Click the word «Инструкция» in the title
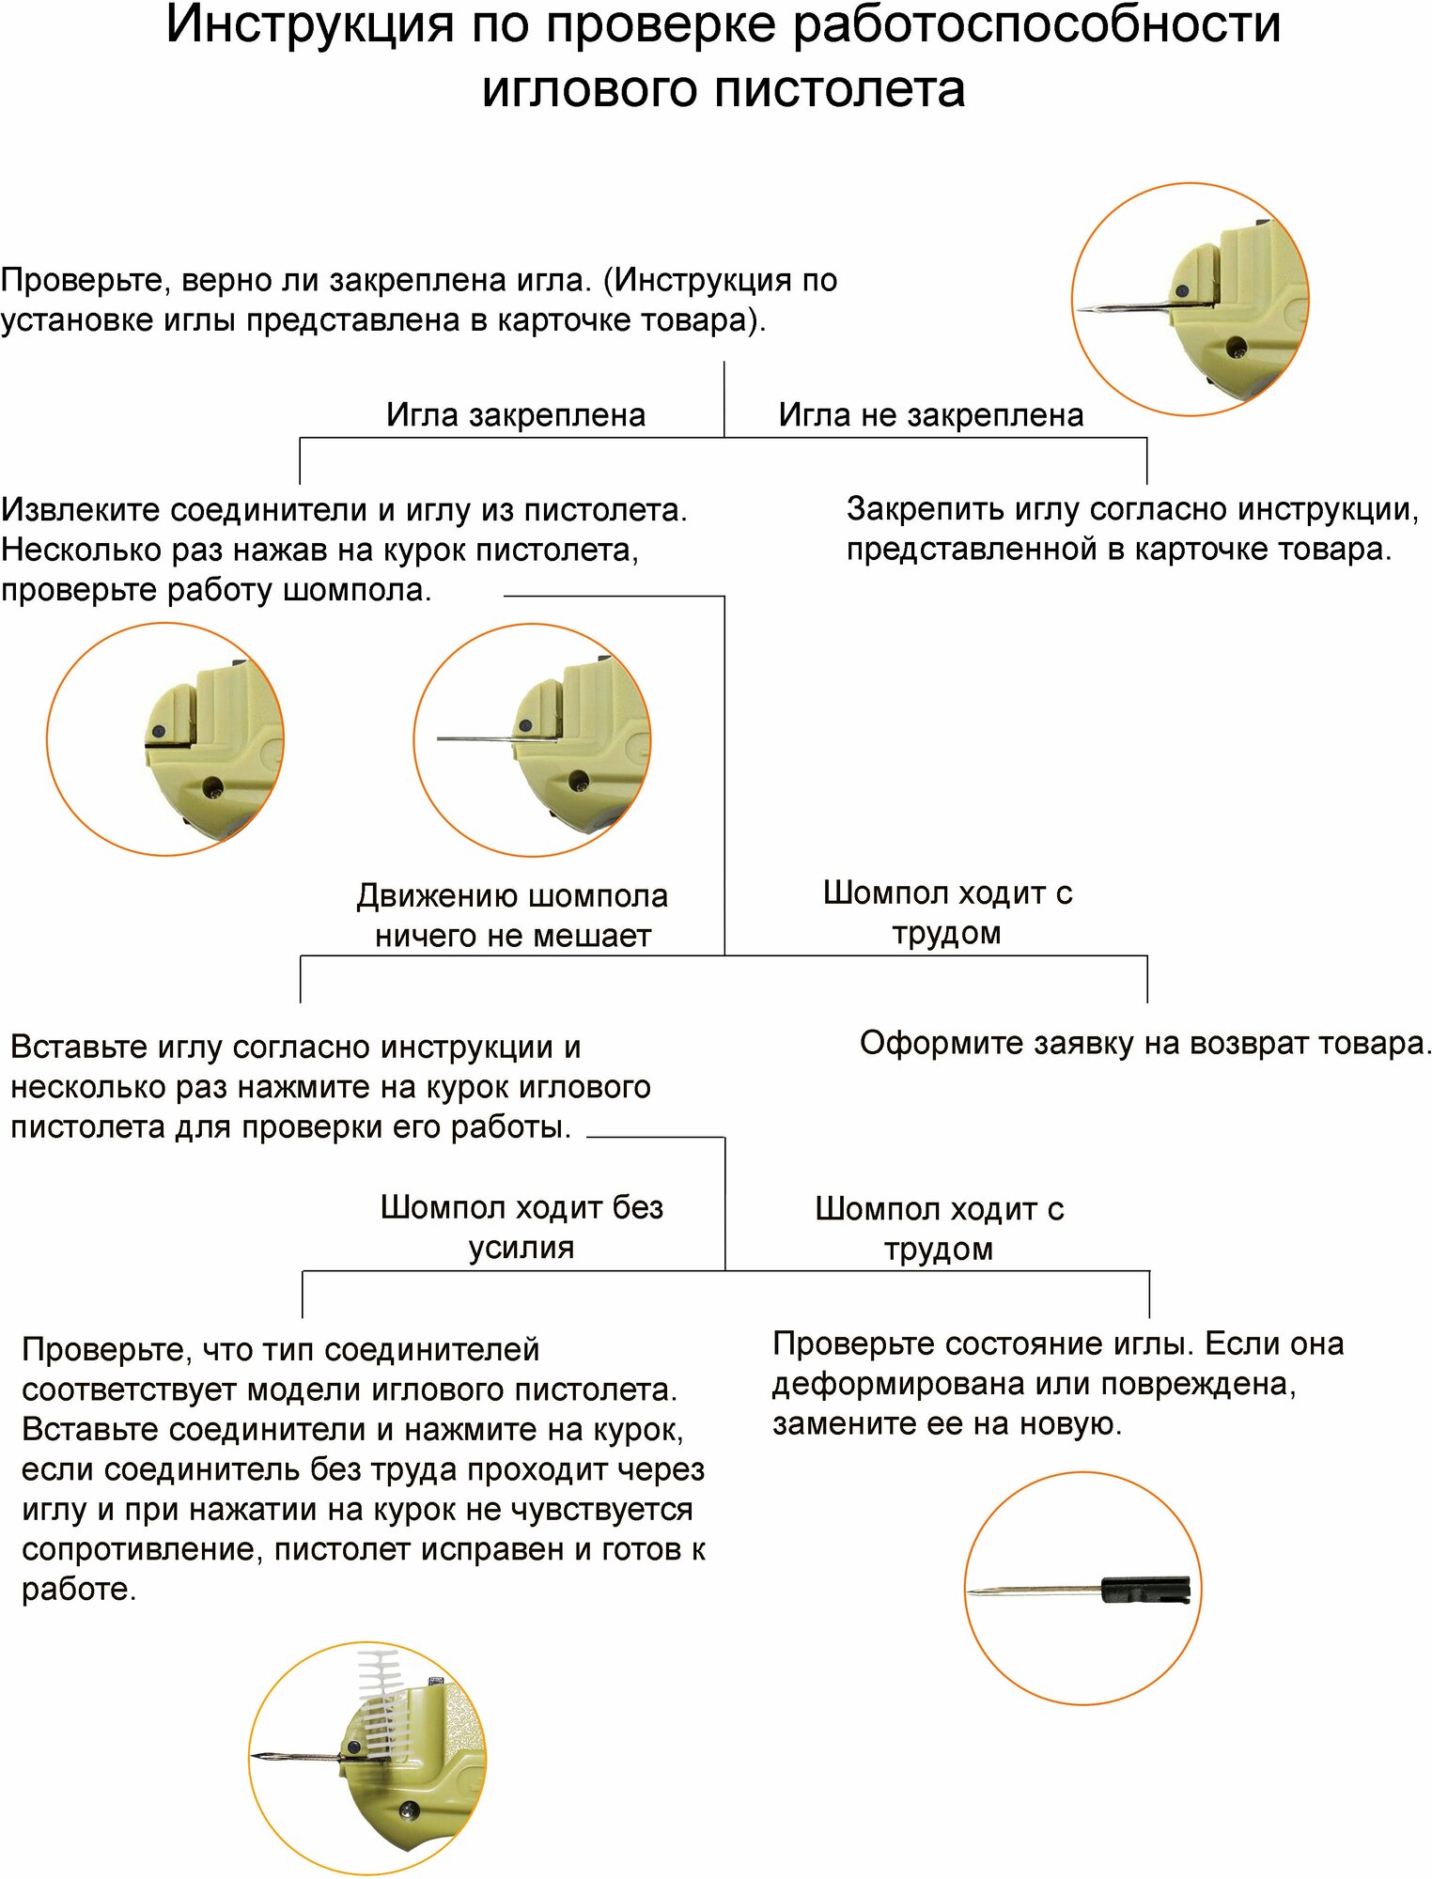point(310,24)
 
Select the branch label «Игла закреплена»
point(515,414)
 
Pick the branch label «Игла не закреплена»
point(930,414)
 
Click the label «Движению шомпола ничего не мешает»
point(512,915)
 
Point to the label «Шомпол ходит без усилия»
point(521,1227)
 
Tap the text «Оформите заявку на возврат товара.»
point(1144,1043)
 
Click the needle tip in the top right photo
point(1082,310)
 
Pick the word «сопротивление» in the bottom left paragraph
point(137,1549)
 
